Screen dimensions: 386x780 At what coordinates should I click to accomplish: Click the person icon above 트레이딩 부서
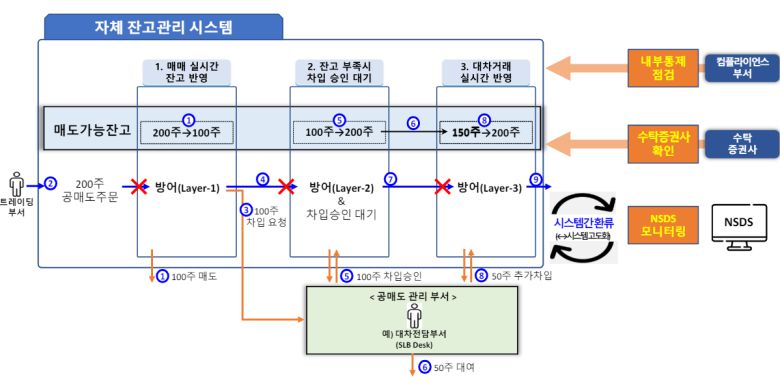point(16,184)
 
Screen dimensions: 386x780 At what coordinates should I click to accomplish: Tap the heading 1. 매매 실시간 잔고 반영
point(187,72)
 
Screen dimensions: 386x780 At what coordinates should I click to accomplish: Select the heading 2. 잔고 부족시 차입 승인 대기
point(339,72)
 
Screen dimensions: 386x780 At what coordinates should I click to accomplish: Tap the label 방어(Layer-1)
point(188,186)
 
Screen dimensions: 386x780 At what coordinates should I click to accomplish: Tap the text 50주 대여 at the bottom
point(455,368)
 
